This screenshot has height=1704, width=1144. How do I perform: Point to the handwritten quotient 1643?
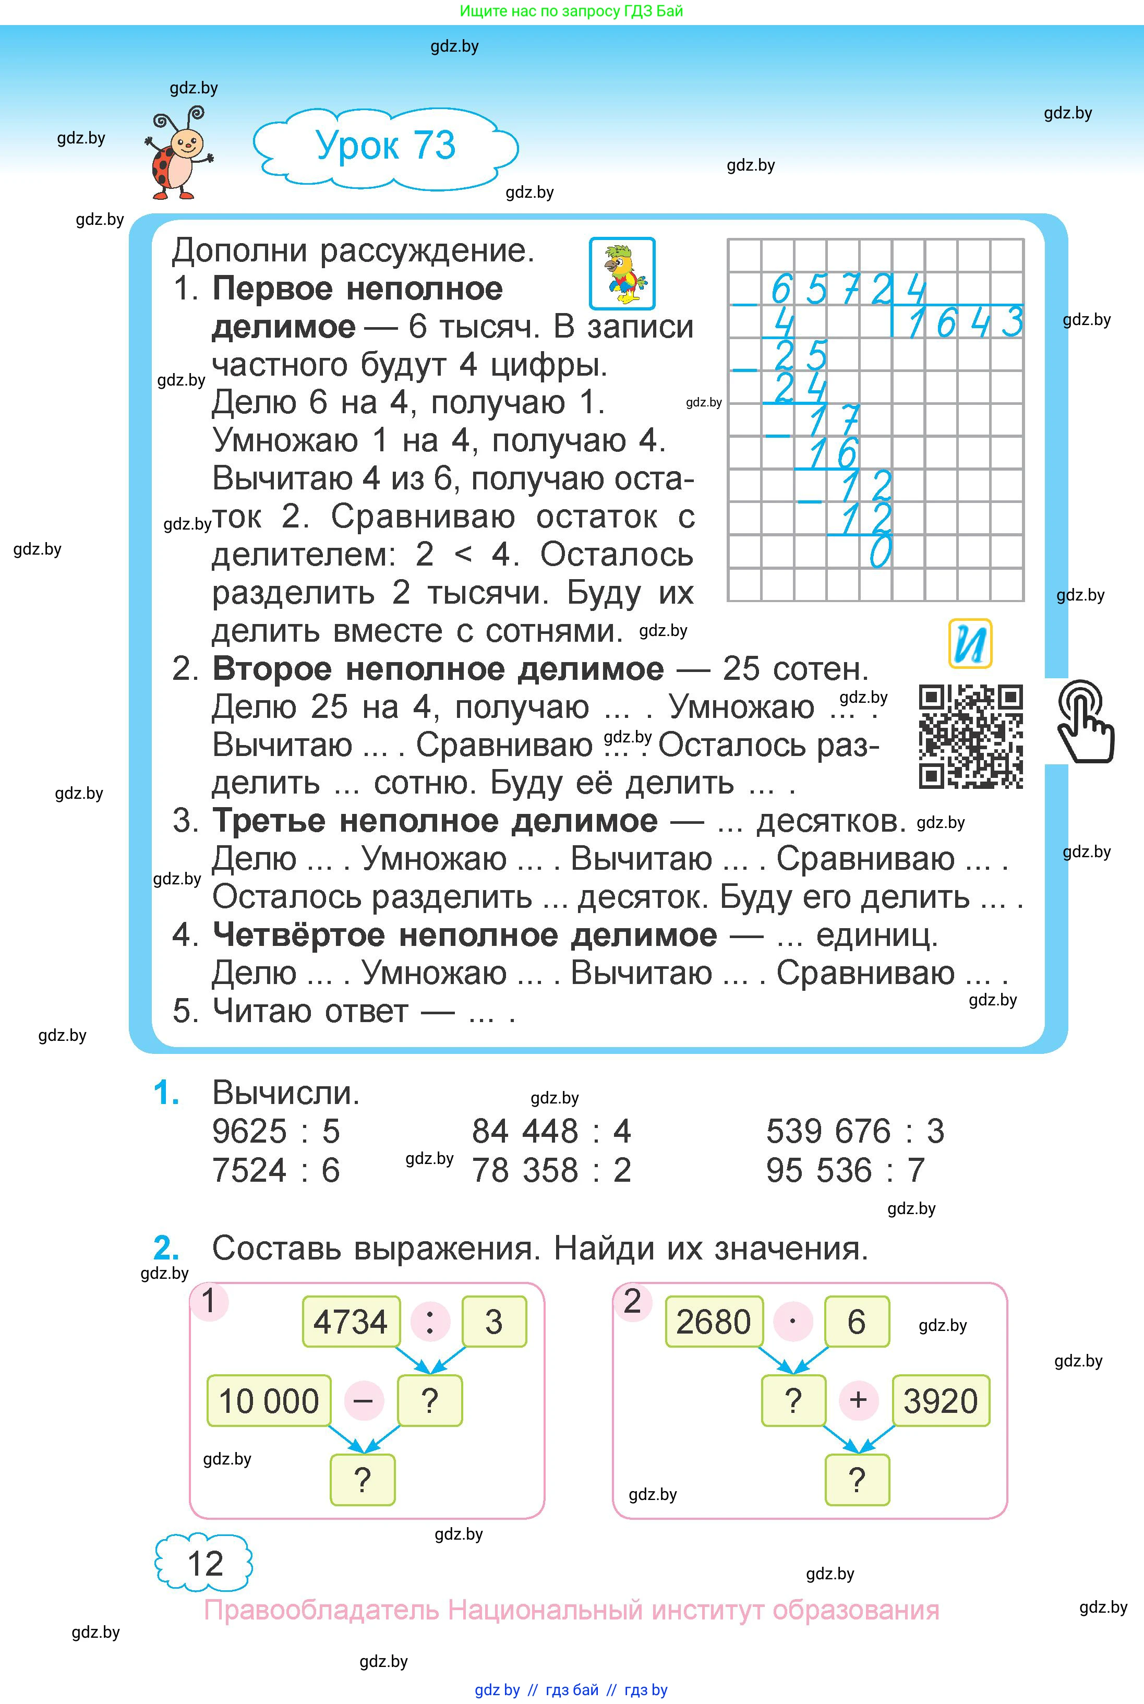click(x=965, y=322)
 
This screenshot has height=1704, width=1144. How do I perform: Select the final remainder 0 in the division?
click(x=880, y=551)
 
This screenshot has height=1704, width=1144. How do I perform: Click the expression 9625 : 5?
click(x=276, y=1132)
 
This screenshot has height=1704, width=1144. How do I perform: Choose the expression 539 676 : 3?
click(x=854, y=1132)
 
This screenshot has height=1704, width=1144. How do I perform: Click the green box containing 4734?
click(x=351, y=1322)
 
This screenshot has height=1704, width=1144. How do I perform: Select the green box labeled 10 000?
click(x=269, y=1400)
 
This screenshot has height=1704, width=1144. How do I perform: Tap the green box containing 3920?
click(x=941, y=1400)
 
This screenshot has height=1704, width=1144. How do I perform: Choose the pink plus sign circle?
click(x=858, y=1400)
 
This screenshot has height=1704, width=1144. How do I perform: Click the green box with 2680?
click(x=714, y=1322)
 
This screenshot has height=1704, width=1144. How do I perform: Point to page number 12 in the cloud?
click(x=204, y=1564)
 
